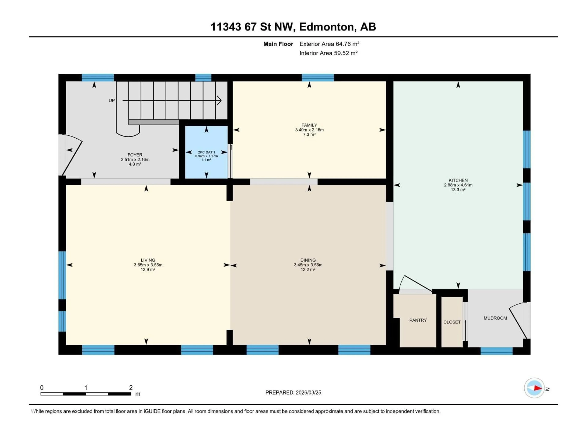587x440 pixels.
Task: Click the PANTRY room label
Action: [418, 320]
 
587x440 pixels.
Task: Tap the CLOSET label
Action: [452, 322]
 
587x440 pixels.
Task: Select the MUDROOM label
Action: [495, 318]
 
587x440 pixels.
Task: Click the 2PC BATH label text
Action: [207, 152]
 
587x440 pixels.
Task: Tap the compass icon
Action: [534, 388]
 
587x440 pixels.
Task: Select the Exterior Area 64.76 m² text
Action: [329, 44]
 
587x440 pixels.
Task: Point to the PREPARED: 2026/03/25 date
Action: [293, 392]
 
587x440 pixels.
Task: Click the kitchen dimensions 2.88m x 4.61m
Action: [458, 185]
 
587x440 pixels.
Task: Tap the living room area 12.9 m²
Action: [148, 269]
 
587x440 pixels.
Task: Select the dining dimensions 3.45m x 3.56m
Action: [308, 265]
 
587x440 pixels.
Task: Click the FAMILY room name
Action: [309, 125]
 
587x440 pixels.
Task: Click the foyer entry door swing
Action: [72, 156]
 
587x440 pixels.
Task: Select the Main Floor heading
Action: [278, 44]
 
